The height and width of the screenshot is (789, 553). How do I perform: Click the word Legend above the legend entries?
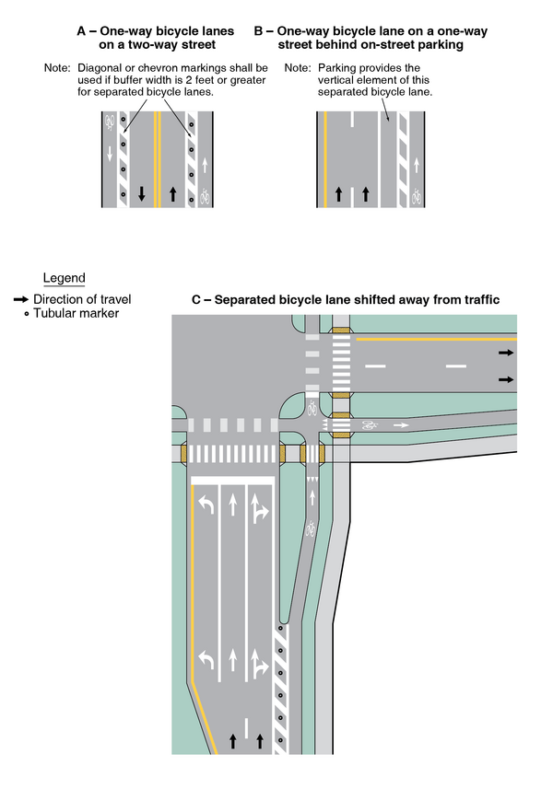coord(64,278)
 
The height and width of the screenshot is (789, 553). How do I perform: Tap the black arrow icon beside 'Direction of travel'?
coord(20,299)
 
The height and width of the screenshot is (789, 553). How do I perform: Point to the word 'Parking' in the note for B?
coord(339,69)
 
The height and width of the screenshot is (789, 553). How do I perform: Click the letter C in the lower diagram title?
coord(196,300)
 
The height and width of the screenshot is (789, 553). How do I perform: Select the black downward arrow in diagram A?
coord(142,194)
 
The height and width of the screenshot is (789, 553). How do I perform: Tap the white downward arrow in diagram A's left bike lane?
coord(110,152)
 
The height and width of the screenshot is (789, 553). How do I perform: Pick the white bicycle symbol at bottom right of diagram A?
coord(205,195)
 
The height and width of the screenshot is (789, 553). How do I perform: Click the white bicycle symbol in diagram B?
coord(417,196)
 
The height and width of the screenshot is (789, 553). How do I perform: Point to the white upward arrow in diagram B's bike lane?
coord(417,165)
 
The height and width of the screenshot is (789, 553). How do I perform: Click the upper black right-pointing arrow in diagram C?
coord(506,353)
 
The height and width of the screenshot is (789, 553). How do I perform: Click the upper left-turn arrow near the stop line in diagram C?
coord(206,505)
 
